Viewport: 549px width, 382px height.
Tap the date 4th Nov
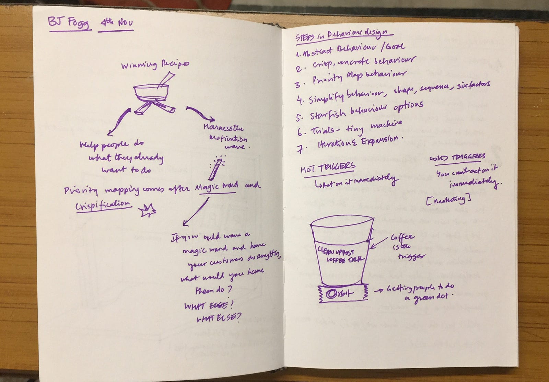116,24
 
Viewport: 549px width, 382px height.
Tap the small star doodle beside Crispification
148,210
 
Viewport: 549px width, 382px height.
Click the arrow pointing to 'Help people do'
119,122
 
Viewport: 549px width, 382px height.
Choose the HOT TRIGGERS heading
327,168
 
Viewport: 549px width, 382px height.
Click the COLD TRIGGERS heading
457,158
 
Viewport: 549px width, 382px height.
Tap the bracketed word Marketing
449,199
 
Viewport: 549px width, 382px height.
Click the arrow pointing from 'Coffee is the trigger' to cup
379,242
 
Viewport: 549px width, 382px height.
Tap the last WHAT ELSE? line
218,318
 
